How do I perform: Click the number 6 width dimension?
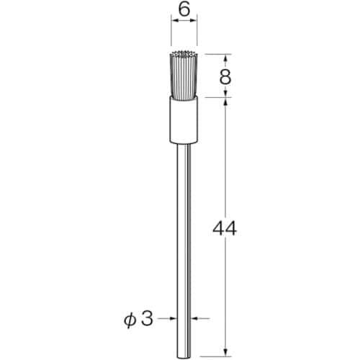[x=183, y=11]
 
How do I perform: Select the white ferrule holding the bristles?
[x=183, y=120]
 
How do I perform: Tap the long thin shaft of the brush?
[x=184, y=238]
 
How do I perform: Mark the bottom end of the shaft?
[x=184, y=351]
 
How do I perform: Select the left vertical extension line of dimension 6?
[x=171, y=36]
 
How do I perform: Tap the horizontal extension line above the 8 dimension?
[x=212, y=53]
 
